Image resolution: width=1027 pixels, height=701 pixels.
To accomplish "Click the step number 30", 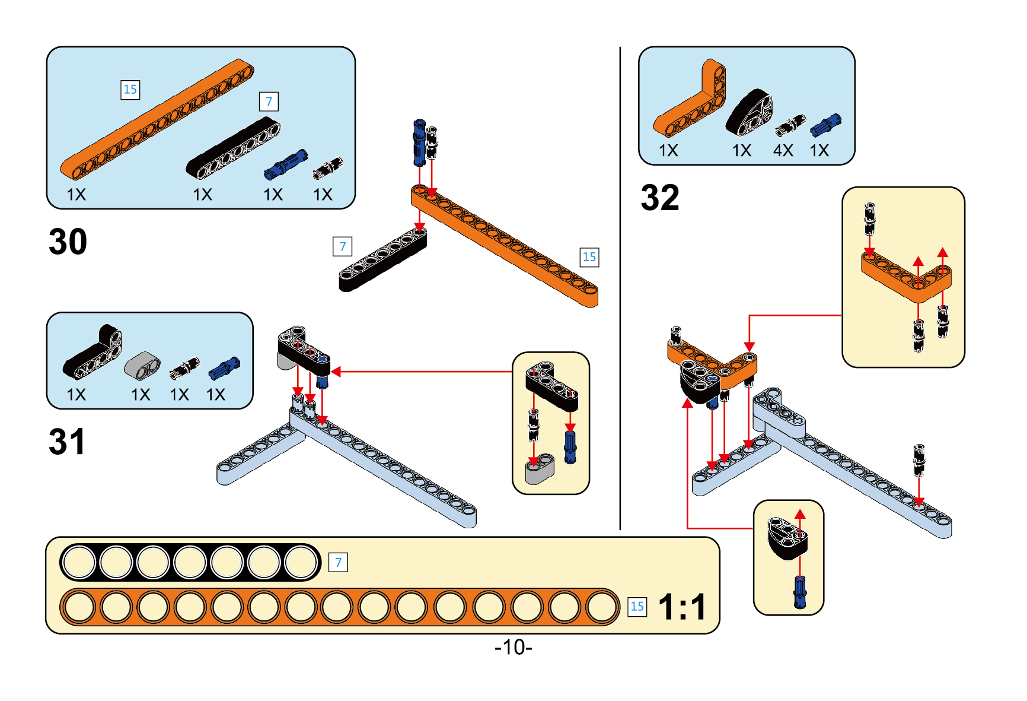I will click(x=68, y=242).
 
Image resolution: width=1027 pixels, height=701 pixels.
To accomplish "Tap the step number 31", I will click(x=66, y=442).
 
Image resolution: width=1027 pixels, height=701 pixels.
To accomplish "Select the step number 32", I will click(x=659, y=198).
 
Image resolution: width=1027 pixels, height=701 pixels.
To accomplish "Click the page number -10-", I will click(x=513, y=646).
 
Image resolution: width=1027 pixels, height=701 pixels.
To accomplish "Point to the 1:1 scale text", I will click(x=682, y=607).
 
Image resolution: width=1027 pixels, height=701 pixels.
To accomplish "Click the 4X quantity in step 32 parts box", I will click(x=783, y=151).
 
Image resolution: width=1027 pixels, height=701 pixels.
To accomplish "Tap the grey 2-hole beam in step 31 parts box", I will click(x=142, y=365).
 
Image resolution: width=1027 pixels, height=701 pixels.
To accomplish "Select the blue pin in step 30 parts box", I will click(x=286, y=164).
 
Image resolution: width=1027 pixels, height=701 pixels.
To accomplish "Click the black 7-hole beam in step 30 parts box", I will click(x=233, y=148).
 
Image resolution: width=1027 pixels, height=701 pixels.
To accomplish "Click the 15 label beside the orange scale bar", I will click(x=637, y=607).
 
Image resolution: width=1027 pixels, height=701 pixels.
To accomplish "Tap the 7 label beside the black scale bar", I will click(x=338, y=562).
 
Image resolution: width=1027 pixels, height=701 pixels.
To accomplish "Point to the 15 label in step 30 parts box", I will click(x=130, y=90).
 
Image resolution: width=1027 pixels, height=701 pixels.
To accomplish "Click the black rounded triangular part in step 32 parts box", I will click(x=749, y=113).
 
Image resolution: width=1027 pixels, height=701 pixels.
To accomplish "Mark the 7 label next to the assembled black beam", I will click(x=342, y=246).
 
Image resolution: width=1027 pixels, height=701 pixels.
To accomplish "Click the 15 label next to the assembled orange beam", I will click(x=589, y=257).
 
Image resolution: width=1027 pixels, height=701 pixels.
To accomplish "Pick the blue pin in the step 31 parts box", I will click(x=224, y=369).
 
